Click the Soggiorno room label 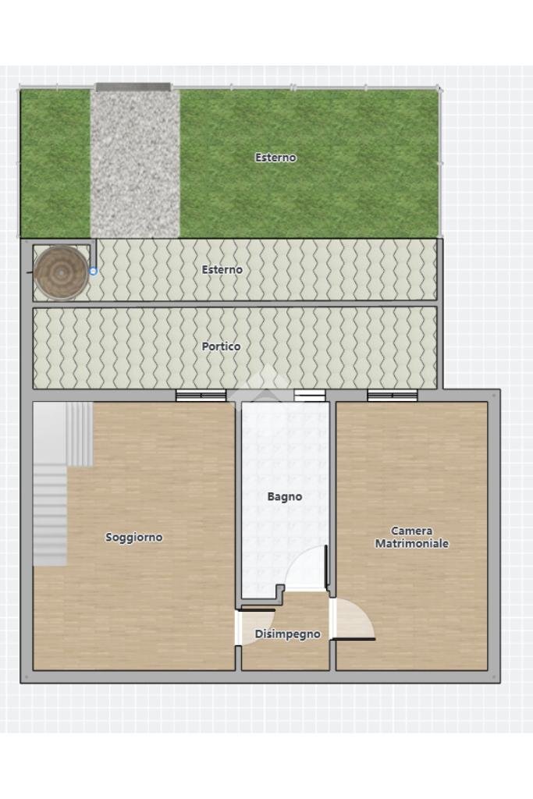[134, 537]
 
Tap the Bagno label [285, 496]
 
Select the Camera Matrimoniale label [412, 537]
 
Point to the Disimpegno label [287, 634]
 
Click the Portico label [221, 346]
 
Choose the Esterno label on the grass [275, 158]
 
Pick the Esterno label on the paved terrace [222, 269]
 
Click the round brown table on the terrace [61, 273]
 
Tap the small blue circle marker [93, 272]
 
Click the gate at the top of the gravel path [133, 87]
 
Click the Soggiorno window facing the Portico [201, 396]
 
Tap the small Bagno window [309, 396]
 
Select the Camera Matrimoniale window [393, 396]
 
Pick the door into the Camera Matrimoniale [354, 619]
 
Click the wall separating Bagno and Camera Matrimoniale [332, 499]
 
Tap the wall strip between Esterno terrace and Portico [235, 304]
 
